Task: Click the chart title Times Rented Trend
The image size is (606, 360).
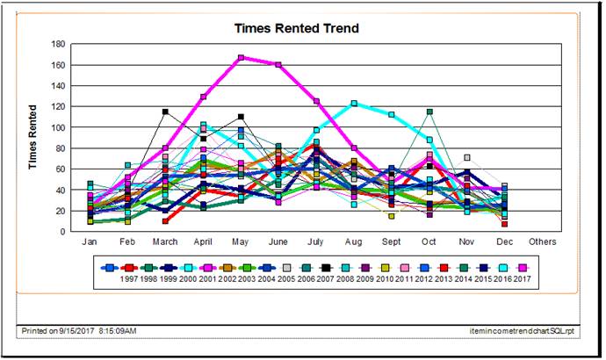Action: click(296, 28)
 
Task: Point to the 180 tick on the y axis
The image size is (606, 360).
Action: click(60, 43)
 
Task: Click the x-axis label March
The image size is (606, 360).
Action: click(165, 240)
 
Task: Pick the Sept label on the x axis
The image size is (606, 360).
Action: click(392, 240)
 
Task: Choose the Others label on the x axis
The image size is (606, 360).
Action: click(543, 240)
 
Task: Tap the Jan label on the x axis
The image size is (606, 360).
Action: click(90, 240)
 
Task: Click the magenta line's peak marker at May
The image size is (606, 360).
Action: click(241, 58)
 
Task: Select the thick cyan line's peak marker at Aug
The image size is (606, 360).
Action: click(354, 104)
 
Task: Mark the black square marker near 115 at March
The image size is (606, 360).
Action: click(165, 112)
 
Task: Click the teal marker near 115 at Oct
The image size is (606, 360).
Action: click(429, 112)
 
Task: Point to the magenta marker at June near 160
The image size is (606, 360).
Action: click(278, 64)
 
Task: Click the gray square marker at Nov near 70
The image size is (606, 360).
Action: click(467, 158)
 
